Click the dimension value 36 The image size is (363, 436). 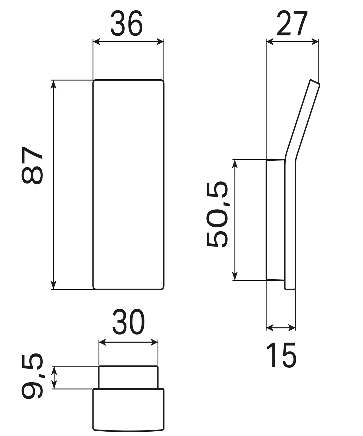click(126, 23)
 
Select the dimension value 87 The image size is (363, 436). click(32, 165)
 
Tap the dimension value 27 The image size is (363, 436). click(292, 23)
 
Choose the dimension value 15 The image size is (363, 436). click(281, 355)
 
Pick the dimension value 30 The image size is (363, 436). click(128, 321)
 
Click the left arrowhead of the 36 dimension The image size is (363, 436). click(96, 42)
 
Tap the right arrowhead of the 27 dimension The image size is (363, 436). click(315, 42)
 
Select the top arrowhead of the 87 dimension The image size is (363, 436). click(54, 84)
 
